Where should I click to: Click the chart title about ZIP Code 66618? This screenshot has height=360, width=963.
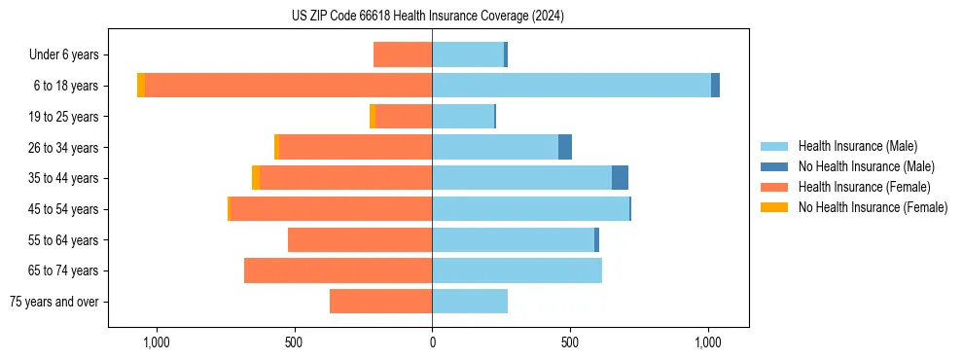pyautogui.click(x=427, y=17)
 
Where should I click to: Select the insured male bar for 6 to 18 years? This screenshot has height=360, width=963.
pyautogui.click(x=571, y=86)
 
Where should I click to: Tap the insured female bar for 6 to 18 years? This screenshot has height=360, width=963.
pyautogui.click(x=288, y=86)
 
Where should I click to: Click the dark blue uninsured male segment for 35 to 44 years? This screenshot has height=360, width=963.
pyautogui.click(x=620, y=178)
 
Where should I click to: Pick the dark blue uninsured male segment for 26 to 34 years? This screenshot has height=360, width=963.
pyautogui.click(x=565, y=147)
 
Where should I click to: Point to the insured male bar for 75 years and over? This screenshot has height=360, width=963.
pyautogui.click(x=470, y=302)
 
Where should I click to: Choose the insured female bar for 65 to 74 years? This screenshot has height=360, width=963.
pyautogui.click(x=338, y=270)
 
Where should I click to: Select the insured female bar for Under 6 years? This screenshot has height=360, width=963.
pyautogui.click(x=403, y=54)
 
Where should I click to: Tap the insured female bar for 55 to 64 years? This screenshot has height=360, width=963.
pyautogui.click(x=360, y=239)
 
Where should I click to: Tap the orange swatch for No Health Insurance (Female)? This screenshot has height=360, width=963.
pyautogui.click(x=775, y=207)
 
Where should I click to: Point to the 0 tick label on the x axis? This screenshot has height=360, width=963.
pyautogui.click(x=432, y=342)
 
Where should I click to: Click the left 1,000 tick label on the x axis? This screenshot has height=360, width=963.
pyautogui.click(x=157, y=342)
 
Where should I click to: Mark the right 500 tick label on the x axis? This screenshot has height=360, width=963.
pyautogui.click(x=570, y=342)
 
